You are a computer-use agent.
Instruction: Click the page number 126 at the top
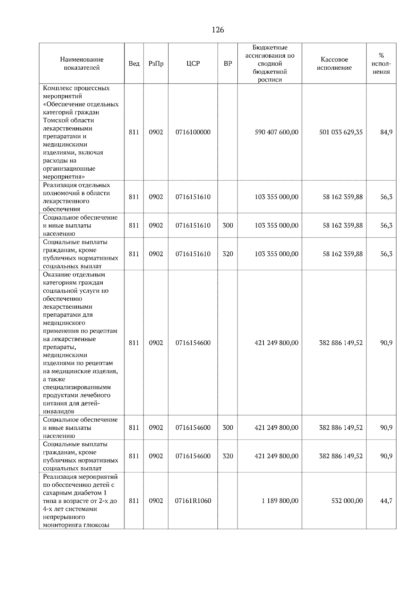pos(218,30)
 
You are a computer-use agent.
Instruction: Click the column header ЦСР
pos(193,64)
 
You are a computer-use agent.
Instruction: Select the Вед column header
pos(134,64)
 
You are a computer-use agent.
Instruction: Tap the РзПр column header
pos(156,64)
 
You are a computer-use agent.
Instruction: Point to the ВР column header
pos(228,64)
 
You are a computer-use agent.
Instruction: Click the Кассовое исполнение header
pos(334,64)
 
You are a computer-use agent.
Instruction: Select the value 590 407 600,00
pos(276,133)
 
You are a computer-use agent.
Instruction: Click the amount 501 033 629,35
pos(341,133)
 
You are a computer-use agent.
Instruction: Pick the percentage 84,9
pos(386,133)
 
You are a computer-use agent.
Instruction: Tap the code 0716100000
pos(193,133)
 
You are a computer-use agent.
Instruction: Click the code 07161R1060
pos(193,501)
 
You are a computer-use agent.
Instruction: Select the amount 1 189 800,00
pos(280,501)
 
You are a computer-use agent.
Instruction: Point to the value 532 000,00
pos(347,501)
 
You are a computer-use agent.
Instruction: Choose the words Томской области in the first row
pos(69,120)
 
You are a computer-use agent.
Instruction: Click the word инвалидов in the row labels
pos(58,412)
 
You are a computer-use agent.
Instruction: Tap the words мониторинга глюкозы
pos(76,525)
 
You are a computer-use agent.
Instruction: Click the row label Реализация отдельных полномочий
pos(77,189)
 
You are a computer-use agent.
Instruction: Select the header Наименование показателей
pos(81,64)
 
